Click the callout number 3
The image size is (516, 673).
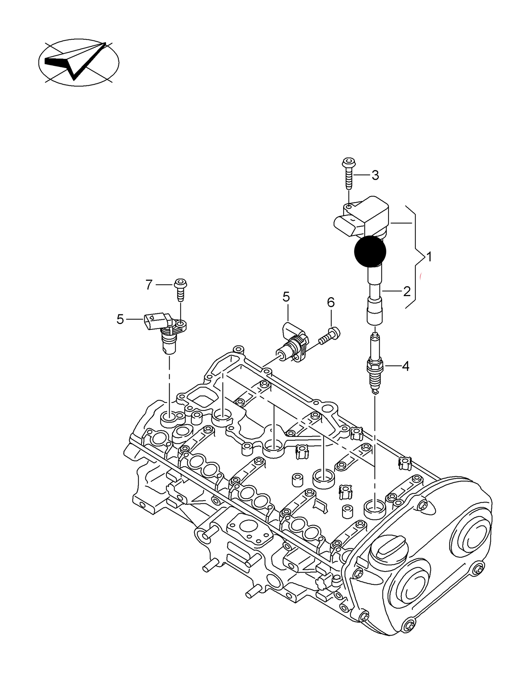click(x=375, y=175)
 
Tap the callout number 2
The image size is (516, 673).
click(x=406, y=291)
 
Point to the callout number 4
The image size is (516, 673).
click(x=405, y=366)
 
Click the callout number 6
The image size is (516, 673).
click(x=331, y=303)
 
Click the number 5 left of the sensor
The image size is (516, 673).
click(x=120, y=319)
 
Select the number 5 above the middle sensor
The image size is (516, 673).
click(x=286, y=296)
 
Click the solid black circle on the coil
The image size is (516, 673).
click(x=370, y=251)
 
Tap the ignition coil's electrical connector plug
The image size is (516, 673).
click(x=345, y=224)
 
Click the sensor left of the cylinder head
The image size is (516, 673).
click(x=166, y=330)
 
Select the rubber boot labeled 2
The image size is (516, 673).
click(x=375, y=300)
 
